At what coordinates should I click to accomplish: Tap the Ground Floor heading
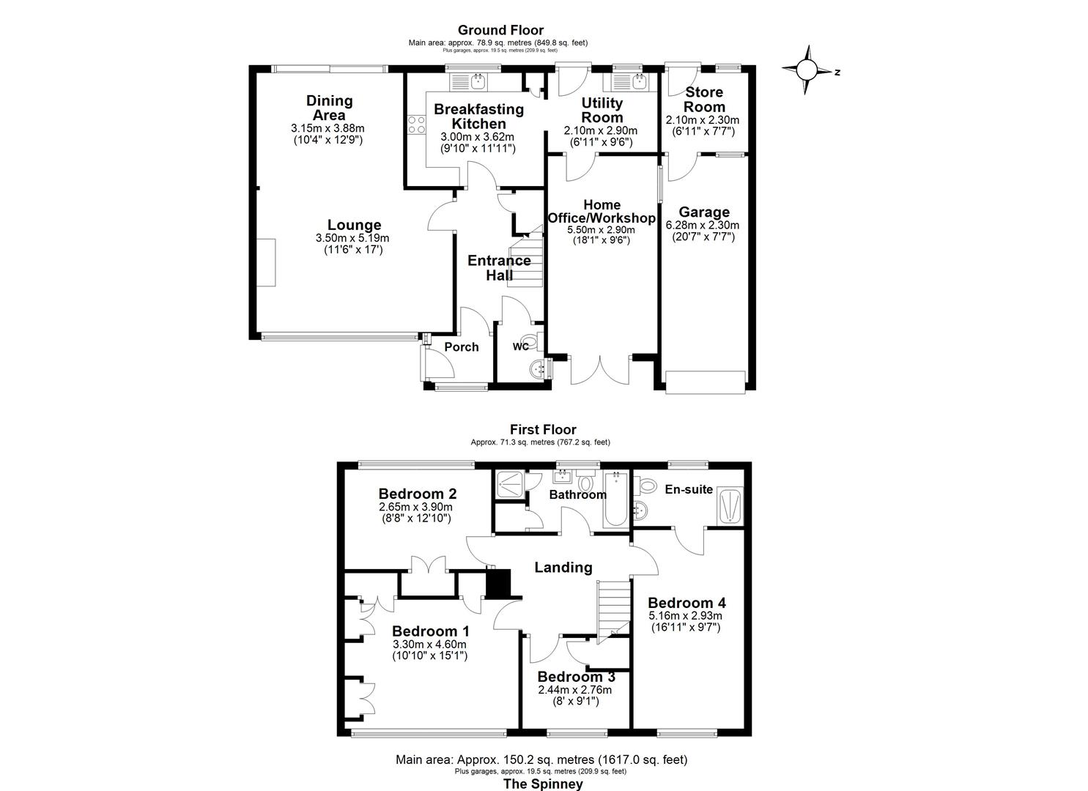[x=500, y=30]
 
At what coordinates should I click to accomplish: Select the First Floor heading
[x=543, y=430]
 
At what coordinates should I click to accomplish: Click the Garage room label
[x=703, y=212]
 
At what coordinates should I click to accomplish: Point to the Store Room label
[x=703, y=100]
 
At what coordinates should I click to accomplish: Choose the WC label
[x=521, y=346]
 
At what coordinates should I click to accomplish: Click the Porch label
[x=462, y=347]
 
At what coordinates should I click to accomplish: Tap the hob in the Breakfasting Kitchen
[x=417, y=125]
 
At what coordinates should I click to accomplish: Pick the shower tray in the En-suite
[x=731, y=506]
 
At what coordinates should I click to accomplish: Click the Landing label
[x=563, y=567]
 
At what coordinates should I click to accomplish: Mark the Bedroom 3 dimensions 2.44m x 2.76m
[x=574, y=690]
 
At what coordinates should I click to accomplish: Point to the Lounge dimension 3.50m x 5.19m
[x=352, y=238]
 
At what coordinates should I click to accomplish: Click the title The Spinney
[x=543, y=784]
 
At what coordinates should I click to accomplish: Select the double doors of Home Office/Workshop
[x=600, y=371]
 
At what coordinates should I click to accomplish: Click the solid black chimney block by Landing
[x=497, y=584]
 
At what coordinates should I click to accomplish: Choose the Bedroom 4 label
[x=687, y=603]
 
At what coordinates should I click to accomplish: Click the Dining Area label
[x=329, y=108]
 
